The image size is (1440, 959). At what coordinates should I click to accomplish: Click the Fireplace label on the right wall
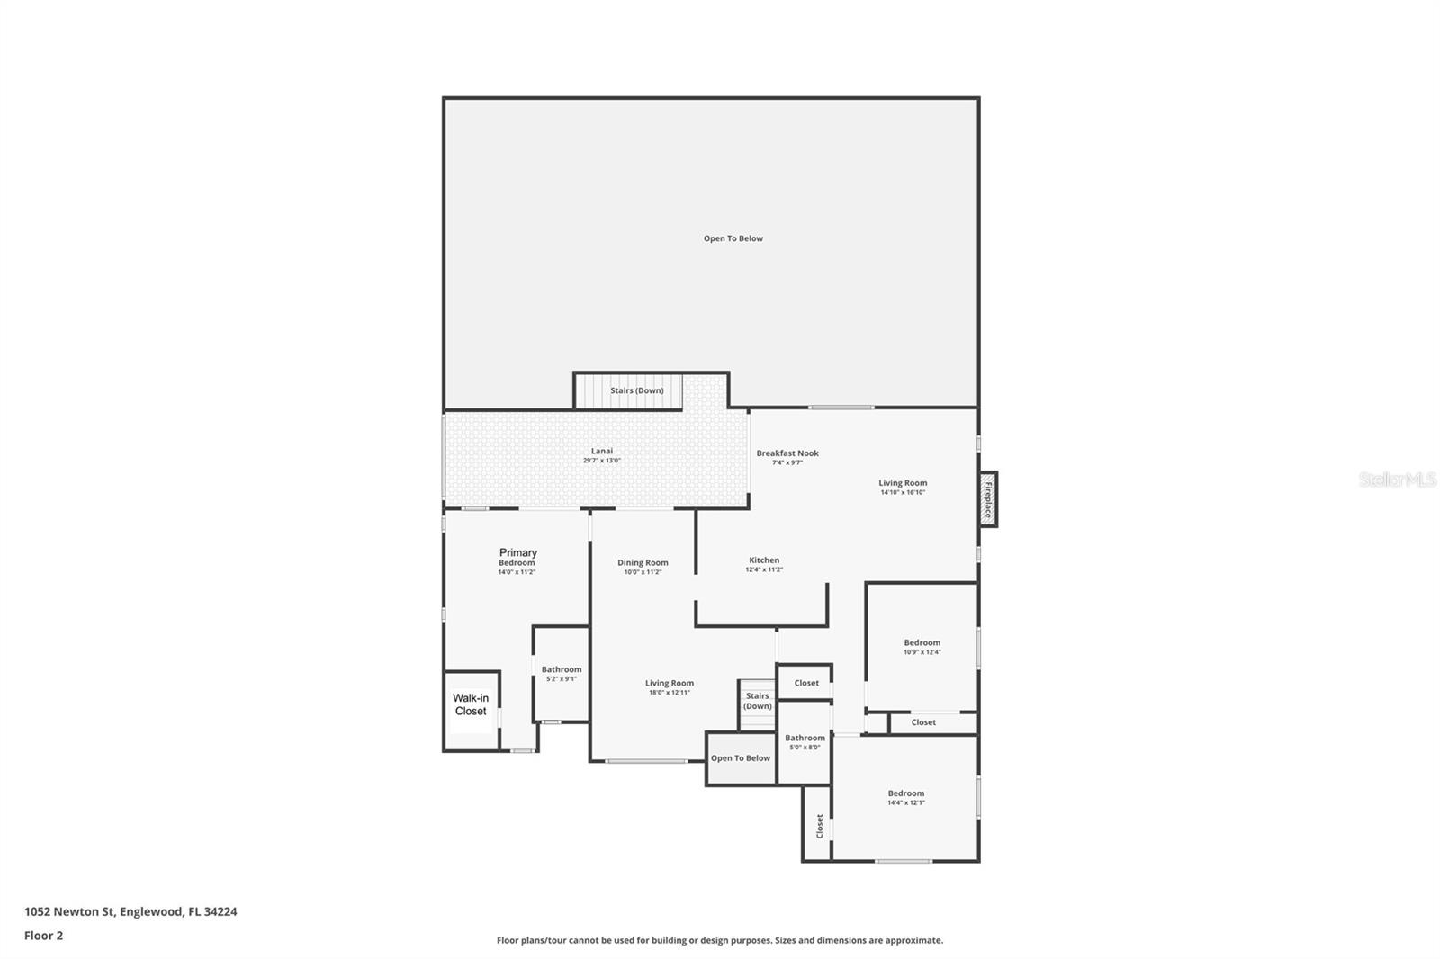click(987, 499)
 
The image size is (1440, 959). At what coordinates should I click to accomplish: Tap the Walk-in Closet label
click(471, 704)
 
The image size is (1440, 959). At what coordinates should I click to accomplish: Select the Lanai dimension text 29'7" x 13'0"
click(601, 461)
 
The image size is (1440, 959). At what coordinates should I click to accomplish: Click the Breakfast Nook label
click(787, 453)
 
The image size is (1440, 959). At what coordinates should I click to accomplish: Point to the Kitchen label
click(764, 560)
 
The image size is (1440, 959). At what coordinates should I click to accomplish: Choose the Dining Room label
click(643, 563)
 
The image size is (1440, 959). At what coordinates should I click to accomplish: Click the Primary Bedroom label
click(517, 557)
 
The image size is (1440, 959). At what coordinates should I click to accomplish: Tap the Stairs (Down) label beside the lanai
click(636, 390)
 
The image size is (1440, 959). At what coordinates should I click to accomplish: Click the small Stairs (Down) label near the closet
click(757, 701)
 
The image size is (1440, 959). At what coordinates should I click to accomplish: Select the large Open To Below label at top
click(733, 238)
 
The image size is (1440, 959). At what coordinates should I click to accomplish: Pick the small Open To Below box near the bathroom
click(740, 758)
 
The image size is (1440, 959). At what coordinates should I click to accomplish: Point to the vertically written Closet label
click(819, 826)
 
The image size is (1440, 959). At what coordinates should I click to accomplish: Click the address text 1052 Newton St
click(130, 911)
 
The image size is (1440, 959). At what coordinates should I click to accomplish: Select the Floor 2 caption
click(43, 936)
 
